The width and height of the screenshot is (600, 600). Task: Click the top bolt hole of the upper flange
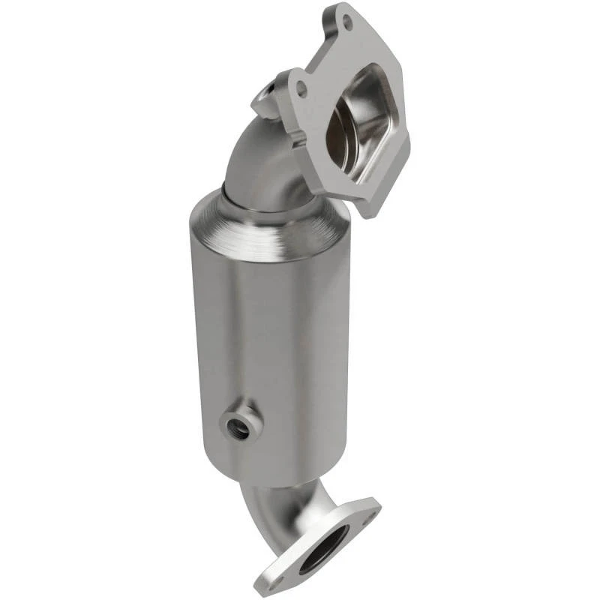(x=346, y=24)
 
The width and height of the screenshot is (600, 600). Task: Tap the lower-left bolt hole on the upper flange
(x=301, y=88)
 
